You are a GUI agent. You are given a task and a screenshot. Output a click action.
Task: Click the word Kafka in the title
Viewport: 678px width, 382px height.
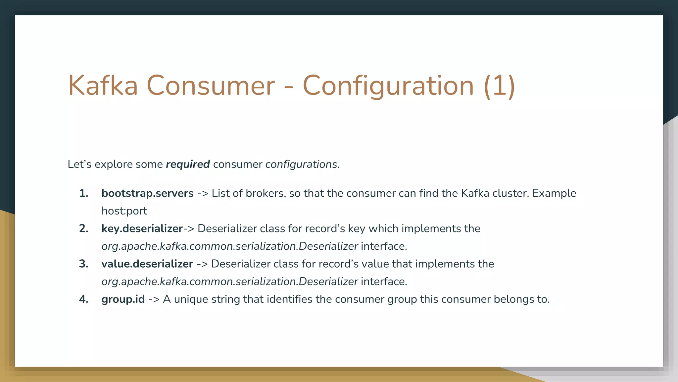[x=103, y=86]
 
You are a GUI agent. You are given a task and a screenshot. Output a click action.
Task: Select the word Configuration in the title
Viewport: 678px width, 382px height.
[x=388, y=86]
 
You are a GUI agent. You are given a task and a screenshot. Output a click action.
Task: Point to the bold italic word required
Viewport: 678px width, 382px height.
[x=188, y=164]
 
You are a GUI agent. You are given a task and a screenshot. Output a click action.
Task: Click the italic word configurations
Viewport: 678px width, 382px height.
[x=301, y=164]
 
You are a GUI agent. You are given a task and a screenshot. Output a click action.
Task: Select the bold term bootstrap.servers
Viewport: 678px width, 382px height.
[x=147, y=193]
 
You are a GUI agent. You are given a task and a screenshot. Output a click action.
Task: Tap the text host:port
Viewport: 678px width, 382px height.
[x=124, y=211]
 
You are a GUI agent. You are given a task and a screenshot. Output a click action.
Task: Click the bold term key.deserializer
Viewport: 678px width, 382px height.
[x=142, y=228]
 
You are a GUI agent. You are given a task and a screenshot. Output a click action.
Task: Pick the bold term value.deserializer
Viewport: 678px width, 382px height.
[x=147, y=264]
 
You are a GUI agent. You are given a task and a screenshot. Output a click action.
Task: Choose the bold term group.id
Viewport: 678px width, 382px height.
[x=123, y=299]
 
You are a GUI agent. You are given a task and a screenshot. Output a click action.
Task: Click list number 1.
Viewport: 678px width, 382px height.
[x=84, y=193]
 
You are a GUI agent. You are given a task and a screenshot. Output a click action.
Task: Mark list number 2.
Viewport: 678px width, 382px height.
[x=84, y=228]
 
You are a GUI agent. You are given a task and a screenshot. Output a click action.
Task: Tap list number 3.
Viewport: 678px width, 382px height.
[x=84, y=264]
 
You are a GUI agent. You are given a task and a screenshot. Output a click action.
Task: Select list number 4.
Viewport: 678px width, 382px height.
[x=84, y=299]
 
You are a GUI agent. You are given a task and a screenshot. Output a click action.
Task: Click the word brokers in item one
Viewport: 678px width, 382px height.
[x=266, y=193]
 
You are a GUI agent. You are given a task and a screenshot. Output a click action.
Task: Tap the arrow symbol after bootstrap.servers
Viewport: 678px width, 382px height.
[x=203, y=193]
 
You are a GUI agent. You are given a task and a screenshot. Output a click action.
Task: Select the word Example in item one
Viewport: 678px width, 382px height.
[x=554, y=193]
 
